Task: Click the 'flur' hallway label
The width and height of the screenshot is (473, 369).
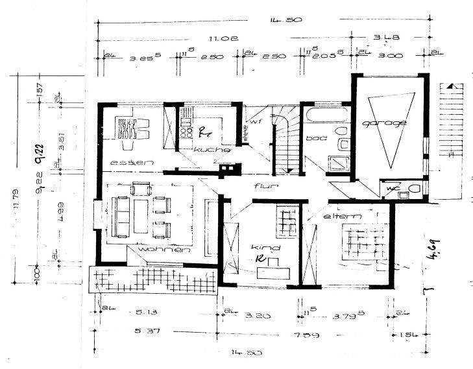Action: tap(265, 187)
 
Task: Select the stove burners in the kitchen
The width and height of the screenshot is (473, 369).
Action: tap(186, 132)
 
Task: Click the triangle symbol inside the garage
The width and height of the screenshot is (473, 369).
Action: tap(389, 126)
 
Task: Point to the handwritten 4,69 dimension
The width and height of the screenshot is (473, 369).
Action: tap(430, 264)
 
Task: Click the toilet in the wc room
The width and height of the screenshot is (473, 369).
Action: tap(414, 190)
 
